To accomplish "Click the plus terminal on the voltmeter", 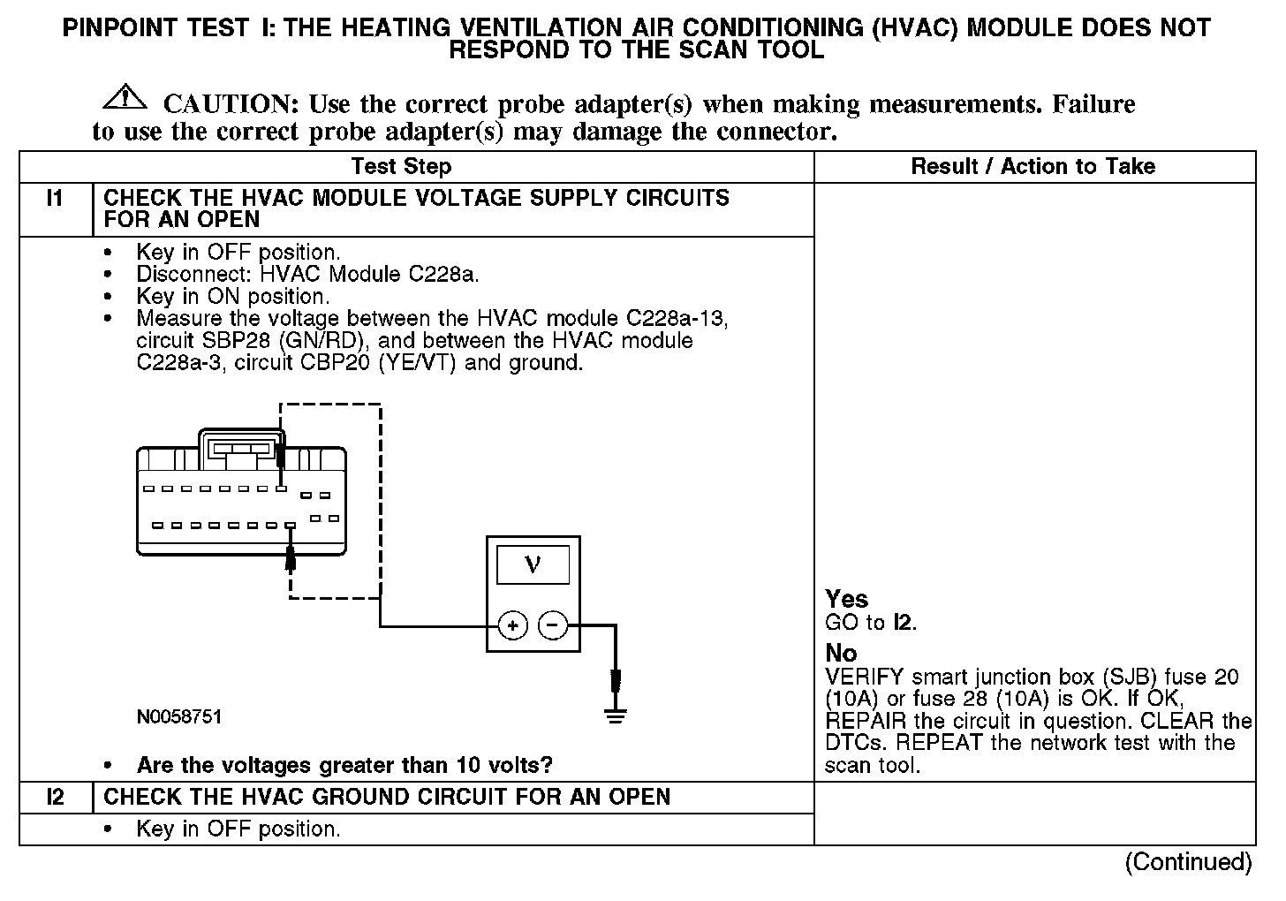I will click(513, 625).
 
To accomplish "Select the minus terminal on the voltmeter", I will click(553, 625).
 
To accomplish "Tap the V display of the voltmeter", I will click(533, 564).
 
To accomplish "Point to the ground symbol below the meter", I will click(617, 715).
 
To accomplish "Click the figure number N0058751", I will click(179, 716).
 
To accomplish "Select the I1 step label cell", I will click(55, 199).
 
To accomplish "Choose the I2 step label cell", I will click(55, 798).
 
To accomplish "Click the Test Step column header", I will click(401, 166).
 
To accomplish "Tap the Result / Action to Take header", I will click(1033, 166).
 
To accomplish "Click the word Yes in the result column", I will click(846, 599).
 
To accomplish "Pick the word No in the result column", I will click(841, 653).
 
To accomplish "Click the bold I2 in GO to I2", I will click(902, 623).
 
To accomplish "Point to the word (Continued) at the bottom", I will click(1188, 862).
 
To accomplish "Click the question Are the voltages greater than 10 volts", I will click(344, 765).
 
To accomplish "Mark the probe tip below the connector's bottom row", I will click(291, 558).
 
